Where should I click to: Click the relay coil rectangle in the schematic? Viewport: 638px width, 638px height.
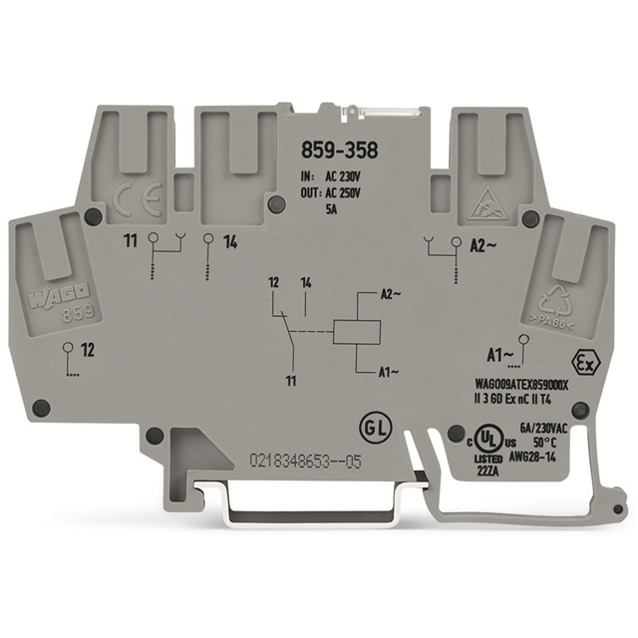coord(350,331)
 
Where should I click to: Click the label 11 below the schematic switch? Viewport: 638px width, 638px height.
coord(292,380)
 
